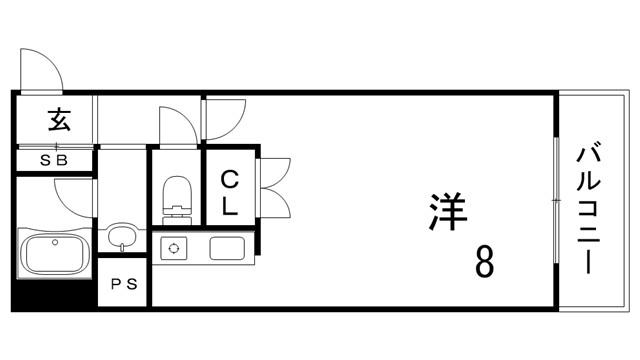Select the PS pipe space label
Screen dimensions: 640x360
pyautogui.click(x=125, y=284)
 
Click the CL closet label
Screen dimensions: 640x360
pyautogui.click(x=229, y=193)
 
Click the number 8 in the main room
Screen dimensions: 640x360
pyautogui.click(x=483, y=262)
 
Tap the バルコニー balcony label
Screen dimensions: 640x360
pyautogui.click(x=589, y=210)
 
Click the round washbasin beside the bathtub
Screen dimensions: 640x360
pyautogui.click(x=122, y=238)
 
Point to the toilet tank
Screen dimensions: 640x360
pyautogui.click(x=177, y=211)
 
